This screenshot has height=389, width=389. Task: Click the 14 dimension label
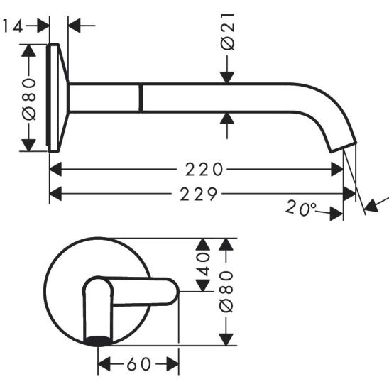(x=13, y=26)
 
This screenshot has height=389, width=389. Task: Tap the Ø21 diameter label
(x=227, y=32)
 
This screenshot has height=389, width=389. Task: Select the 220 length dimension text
(x=204, y=170)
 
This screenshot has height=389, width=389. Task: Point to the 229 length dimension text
(x=199, y=194)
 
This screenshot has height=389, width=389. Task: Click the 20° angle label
(x=301, y=208)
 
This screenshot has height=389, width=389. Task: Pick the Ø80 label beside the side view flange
(x=29, y=99)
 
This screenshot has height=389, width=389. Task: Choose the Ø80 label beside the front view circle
(x=226, y=292)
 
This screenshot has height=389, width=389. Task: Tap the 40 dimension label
(x=203, y=265)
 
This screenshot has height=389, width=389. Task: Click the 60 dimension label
(x=138, y=364)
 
